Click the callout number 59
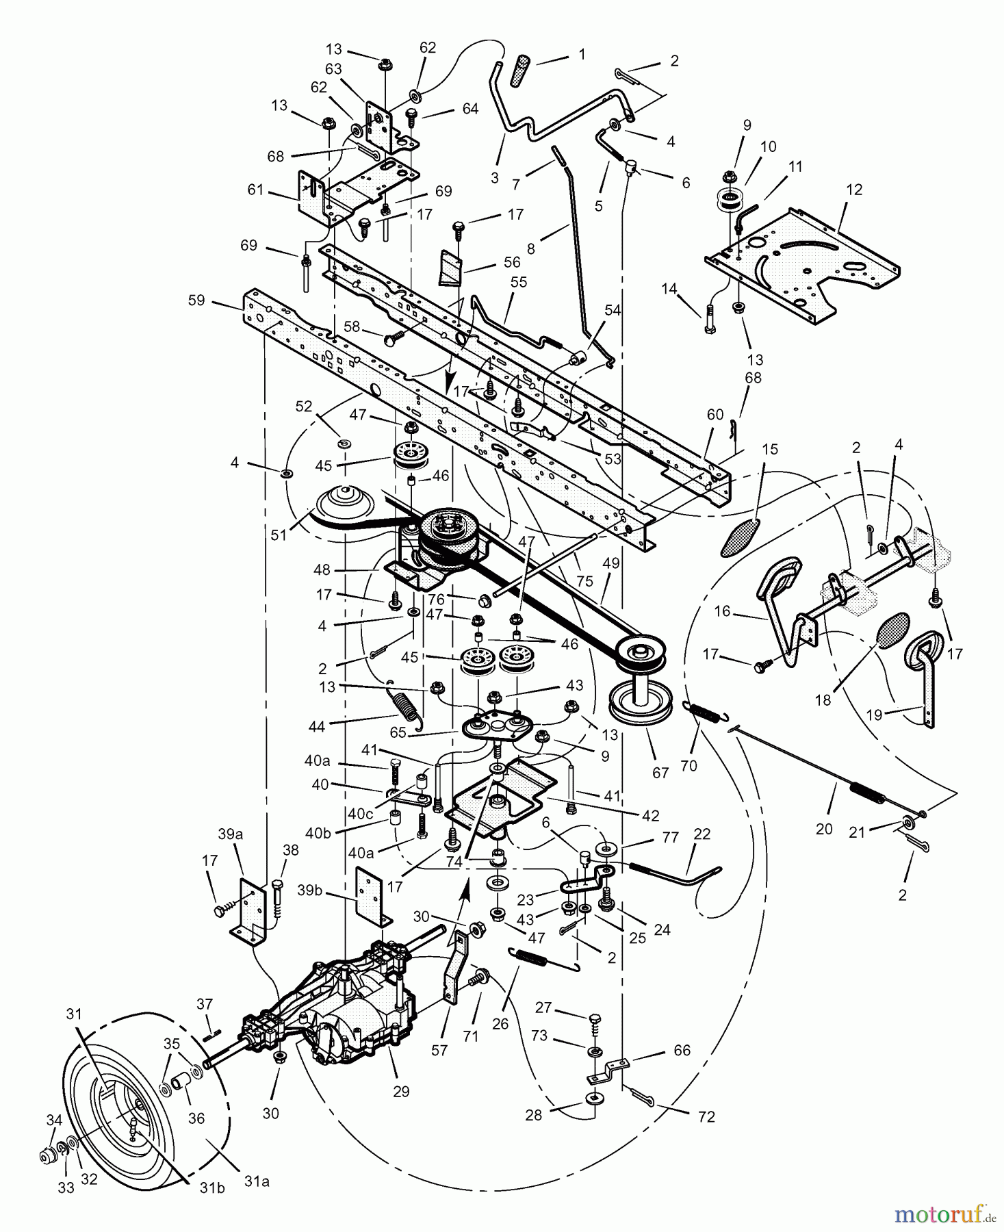[x=196, y=300]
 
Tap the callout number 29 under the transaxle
[x=401, y=1091]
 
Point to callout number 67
[x=660, y=773]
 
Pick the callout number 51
[x=278, y=536]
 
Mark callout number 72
[x=706, y=1116]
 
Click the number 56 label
[x=511, y=261]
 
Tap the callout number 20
[x=824, y=829]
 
